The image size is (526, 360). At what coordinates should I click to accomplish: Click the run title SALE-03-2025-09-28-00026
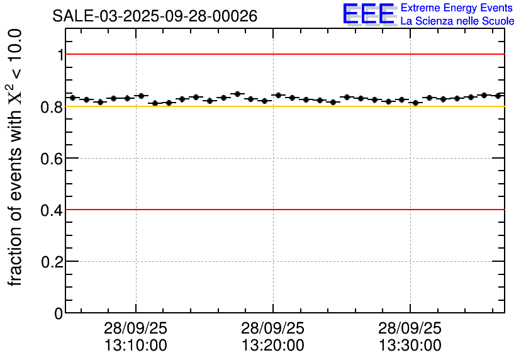click(155, 16)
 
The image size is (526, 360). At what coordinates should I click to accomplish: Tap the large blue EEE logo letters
click(369, 14)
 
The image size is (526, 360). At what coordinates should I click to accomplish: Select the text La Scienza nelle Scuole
click(457, 21)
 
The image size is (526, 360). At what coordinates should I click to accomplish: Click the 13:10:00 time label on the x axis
click(136, 346)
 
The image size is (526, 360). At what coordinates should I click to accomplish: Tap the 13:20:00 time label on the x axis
click(273, 346)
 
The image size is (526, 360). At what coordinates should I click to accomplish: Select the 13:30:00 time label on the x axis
click(410, 346)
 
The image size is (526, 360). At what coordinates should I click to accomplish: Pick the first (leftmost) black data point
click(72, 98)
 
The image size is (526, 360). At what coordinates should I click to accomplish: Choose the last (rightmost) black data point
click(498, 96)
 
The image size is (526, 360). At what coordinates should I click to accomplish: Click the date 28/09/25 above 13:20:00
click(273, 329)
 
